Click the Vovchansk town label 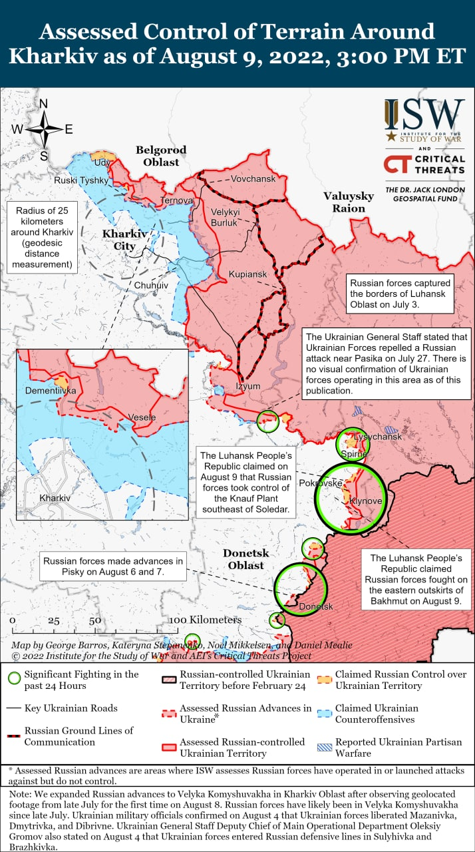pyautogui.click(x=253, y=179)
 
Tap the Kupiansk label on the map pyautogui.click(x=247, y=274)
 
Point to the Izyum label pyautogui.click(x=248, y=386)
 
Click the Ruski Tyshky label pyautogui.click(x=81, y=180)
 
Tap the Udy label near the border pyautogui.click(x=102, y=162)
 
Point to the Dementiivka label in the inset pyautogui.click(x=51, y=391)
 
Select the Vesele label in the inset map pyautogui.click(x=142, y=417)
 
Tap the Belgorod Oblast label pyautogui.click(x=161, y=156)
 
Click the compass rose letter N pyautogui.click(x=44, y=103)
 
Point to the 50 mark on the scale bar pyautogui.click(x=95, y=620)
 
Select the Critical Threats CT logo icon pyautogui.click(x=396, y=165)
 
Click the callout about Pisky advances pyautogui.click(x=112, y=566)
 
